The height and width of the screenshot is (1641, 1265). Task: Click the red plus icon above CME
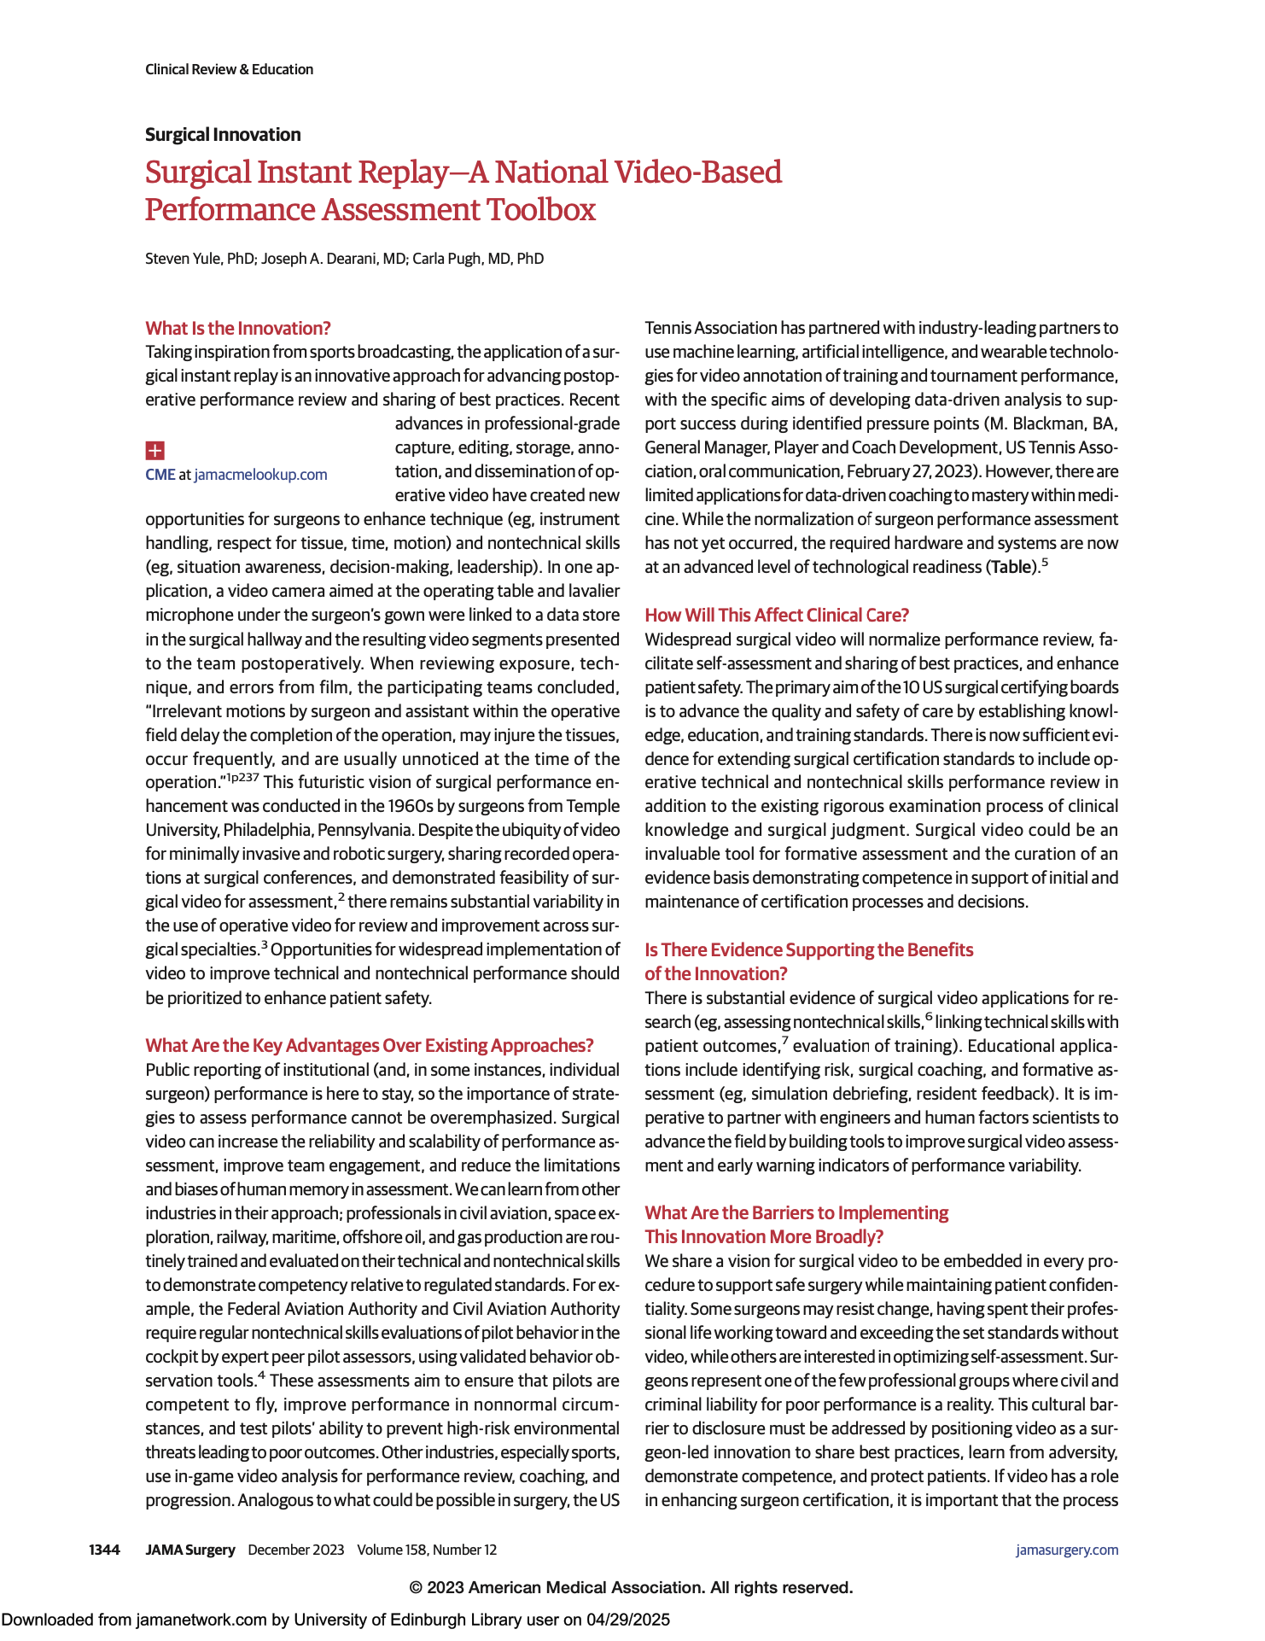click(x=154, y=450)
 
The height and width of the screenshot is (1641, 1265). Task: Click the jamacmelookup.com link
click(x=260, y=475)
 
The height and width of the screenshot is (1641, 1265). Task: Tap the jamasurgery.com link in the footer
click(x=1066, y=1550)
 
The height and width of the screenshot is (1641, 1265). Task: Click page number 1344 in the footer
click(x=104, y=1550)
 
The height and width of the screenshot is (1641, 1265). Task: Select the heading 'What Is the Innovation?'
click(x=237, y=329)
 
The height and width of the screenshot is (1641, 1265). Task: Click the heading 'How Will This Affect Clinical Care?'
click(x=777, y=616)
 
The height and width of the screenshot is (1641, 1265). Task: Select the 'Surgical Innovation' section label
click(x=223, y=135)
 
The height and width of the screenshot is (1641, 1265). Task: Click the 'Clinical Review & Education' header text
click(x=229, y=69)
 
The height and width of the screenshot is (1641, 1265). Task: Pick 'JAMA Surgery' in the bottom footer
click(x=189, y=1550)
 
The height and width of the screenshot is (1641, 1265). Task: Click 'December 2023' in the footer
click(x=295, y=1550)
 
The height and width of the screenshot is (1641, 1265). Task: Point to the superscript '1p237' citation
click(x=242, y=777)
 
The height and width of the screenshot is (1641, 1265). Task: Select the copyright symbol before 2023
click(x=416, y=1587)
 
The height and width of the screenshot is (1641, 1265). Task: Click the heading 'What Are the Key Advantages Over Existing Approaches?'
click(x=369, y=1046)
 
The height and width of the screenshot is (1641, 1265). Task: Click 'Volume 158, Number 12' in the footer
click(x=427, y=1550)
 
